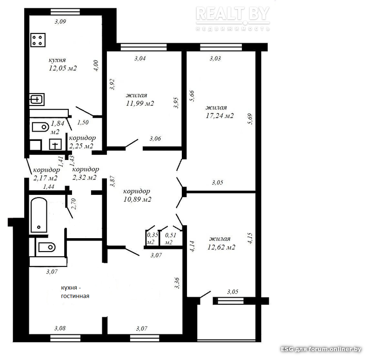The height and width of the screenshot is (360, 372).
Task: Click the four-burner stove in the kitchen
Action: pyautogui.click(x=38, y=40)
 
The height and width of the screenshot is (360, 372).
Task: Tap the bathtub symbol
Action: pyautogui.click(x=39, y=215)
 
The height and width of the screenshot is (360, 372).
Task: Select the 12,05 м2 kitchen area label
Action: pyautogui.click(x=63, y=68)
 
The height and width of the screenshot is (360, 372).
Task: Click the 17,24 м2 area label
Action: pyautogui.click(x=219, y=116)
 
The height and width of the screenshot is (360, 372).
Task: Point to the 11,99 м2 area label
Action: pyautogui.click(x=140, y=103)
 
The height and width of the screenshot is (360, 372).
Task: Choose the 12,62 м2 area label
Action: pyautogui.click(x=221, y=247)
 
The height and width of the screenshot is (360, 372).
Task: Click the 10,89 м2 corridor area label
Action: pyautogui.click(x=137, y=200)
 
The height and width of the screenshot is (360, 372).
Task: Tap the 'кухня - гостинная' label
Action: pyautogui.click(x=75, y=292)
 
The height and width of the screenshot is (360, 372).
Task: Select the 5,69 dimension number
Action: pyautogui.click(x=250, y=119)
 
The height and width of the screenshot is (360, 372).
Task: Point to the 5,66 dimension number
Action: pyautogui.click(x=192, y=96)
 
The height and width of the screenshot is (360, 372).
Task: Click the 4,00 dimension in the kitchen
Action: pyautogui.click(x=96, y=66)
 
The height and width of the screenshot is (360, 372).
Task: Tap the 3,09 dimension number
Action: pyautogui.click(x=60, y=21)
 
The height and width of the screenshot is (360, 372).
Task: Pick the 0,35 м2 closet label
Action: pyautogui.click(x=153, y=239)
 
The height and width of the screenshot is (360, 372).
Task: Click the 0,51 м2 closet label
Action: pyautogui.click(x=171, y=239)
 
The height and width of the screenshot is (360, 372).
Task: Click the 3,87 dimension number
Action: pyautogui.click(x=112, y=181)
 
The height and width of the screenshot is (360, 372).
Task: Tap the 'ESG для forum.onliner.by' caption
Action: pyautogui.click(x=321, y=349)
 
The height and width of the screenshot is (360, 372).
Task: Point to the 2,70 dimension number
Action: pyautogui.click(x=73, y=204)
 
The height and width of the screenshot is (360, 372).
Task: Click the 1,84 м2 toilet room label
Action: pyautogui.click(x=57, y=127)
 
